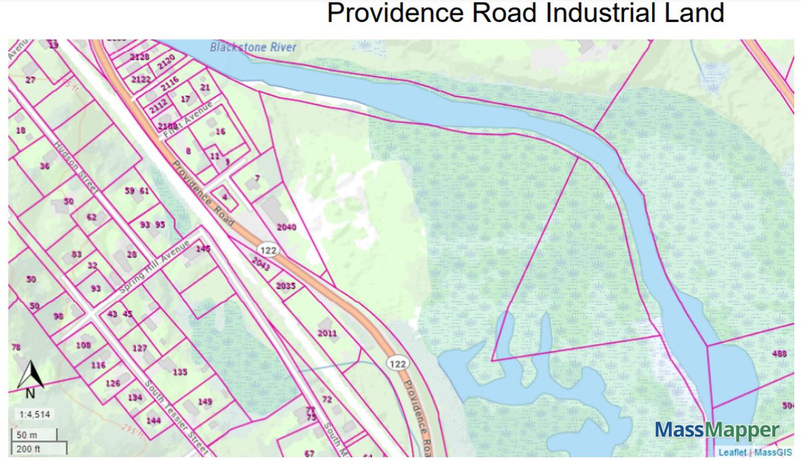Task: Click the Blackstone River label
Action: pos(253,47)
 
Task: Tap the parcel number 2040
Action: pos(286,227)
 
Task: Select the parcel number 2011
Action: pos(327,333)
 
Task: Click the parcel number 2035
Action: pos(285,286)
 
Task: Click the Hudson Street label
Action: pos(77,167)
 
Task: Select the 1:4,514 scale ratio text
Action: pos(31,415)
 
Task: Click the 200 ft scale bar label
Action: pos(28,449)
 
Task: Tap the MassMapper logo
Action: pos(717,430)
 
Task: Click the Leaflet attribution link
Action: pos(733,453)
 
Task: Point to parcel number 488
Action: pos(779,354)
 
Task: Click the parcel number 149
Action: pos(205,401)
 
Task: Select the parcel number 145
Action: pos(203,249)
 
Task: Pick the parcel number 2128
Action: pos(140,57)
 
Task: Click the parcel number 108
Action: pos(83,345)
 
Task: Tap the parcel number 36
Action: pos(45,165)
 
